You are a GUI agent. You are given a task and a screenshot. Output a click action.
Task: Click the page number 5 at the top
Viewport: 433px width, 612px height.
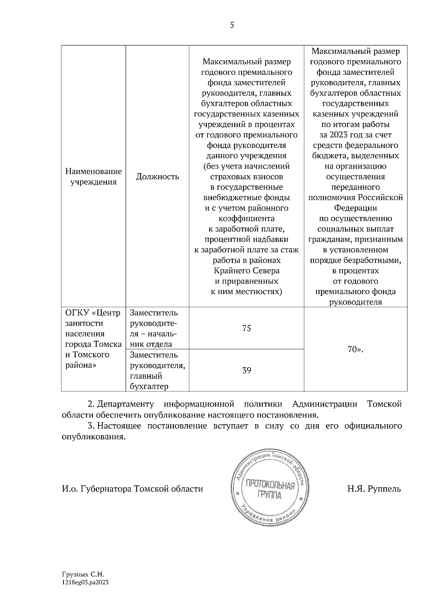point(232,25)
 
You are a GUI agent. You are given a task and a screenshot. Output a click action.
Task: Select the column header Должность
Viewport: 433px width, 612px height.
point(157,177)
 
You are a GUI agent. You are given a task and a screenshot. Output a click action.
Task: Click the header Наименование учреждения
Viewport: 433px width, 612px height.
point(93,177)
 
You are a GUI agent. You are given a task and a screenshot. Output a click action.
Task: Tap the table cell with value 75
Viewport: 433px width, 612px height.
point(246,328)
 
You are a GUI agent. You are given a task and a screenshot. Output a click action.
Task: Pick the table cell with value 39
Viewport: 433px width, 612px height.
point(246,371)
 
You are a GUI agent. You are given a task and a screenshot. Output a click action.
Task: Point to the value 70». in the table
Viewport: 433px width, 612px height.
point(355,349)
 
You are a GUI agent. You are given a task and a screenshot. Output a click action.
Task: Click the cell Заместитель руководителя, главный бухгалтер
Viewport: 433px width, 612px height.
point(157,371)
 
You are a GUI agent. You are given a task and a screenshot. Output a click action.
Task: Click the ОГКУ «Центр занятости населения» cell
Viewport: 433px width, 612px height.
point(93,339)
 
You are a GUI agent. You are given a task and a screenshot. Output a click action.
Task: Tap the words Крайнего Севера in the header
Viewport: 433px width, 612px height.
point(246,270)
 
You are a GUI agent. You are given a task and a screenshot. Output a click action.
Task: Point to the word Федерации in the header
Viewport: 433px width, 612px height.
point(355,208)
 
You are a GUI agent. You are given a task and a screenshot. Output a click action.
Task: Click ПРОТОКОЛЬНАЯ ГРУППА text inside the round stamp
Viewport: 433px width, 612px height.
point(270,489)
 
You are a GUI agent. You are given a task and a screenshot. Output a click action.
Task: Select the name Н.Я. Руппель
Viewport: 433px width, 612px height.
point(374,489)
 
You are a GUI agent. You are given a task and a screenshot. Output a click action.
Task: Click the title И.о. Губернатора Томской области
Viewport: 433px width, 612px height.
point(132,489)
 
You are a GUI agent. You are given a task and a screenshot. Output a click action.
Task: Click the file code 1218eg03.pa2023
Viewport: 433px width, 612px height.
point(86,582)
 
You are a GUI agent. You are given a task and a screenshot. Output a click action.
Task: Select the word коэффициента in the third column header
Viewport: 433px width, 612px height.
point(246,218)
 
